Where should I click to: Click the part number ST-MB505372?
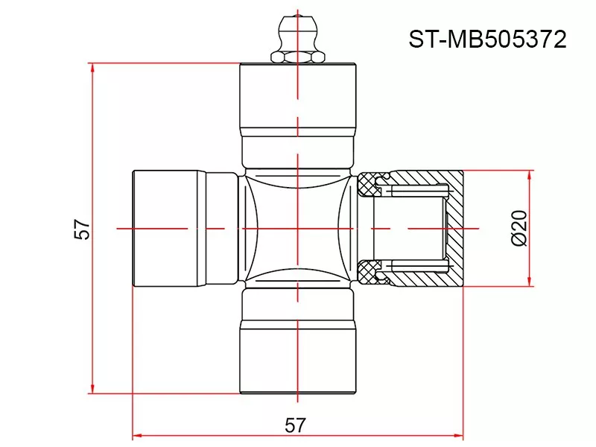click(487, 39)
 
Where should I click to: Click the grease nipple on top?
click(297, 34)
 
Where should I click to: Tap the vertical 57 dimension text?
click(82, 229)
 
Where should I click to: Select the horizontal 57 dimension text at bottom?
click(296, 425)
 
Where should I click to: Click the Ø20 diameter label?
click(520, 228)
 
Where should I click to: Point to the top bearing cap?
click(297, 97)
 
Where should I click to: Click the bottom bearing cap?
click(297, 358)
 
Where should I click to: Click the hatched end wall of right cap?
click(454, 227)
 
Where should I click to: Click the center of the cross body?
click(297, 227)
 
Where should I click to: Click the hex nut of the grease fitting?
click(297, 55)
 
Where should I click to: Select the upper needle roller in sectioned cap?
click(417, 194)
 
